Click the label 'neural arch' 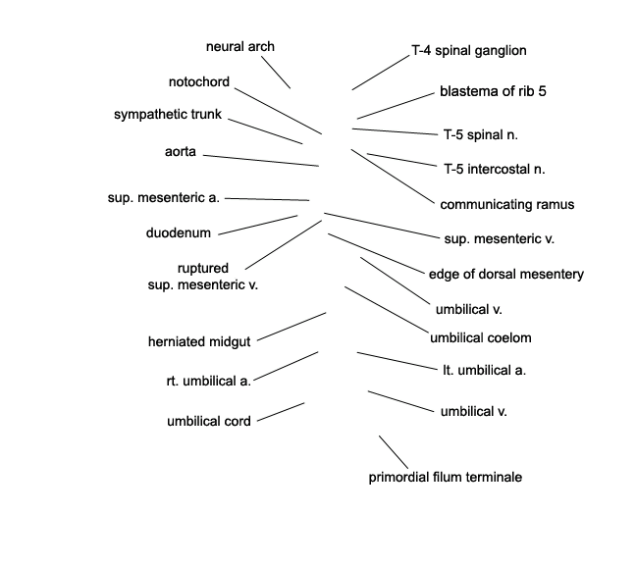tap(240, 47)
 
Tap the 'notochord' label tap(199, 81)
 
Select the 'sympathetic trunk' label tap(168, 115)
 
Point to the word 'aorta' tap(180, 152)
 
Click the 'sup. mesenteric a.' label tap(164, 198)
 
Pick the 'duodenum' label tap(179, 232)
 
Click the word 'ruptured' tap(203, 269)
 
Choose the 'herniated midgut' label tap(199, 341)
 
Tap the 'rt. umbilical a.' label tap(208, 381)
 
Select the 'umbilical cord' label tap(209, 421)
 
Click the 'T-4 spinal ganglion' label tap(469, 51)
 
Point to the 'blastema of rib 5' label tap(493, 91)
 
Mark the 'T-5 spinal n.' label tap(481, 134)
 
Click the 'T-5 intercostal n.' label tap(495, 169)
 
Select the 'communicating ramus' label tap(507, 204)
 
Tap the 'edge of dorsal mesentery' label tap(506, 274)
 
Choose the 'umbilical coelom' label tap(481, 337)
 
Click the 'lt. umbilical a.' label tap(484, 370)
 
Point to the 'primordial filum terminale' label tap(445, 477)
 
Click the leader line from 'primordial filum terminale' tap(394, 452)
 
